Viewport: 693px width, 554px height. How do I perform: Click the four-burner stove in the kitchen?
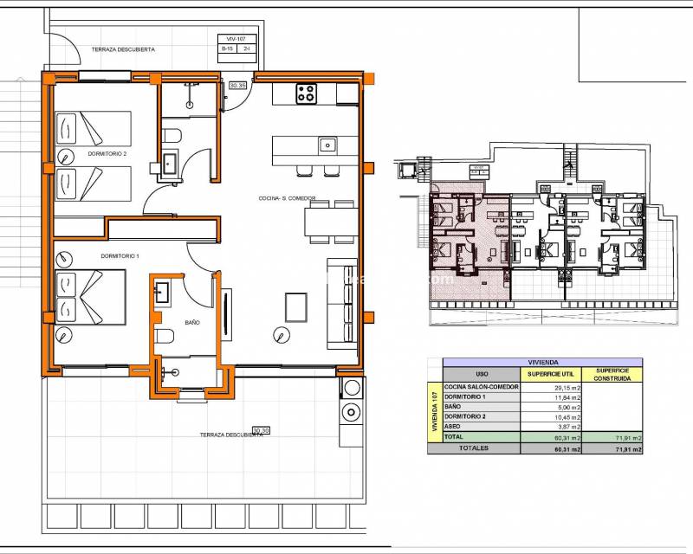pos(306,93)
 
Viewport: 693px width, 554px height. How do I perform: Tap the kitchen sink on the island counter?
pos(327,145)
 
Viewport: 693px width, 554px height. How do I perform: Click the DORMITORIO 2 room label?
pos(107,154)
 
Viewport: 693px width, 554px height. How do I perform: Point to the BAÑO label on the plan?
pos(192,322)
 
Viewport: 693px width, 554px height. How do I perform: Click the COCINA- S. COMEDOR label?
pos(287,198)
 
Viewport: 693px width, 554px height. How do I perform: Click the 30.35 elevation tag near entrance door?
pos(237,86)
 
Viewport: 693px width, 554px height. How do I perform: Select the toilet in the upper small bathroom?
pos(172,135)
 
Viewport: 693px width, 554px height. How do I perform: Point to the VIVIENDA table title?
pos(542,363)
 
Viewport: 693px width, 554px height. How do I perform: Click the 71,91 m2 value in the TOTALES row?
pos(627,449)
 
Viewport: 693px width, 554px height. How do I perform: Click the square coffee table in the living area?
pos(296,306)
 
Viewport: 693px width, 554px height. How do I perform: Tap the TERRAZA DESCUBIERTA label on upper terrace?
pos(124,50)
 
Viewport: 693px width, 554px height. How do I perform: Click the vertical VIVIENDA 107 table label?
pos(435,412)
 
